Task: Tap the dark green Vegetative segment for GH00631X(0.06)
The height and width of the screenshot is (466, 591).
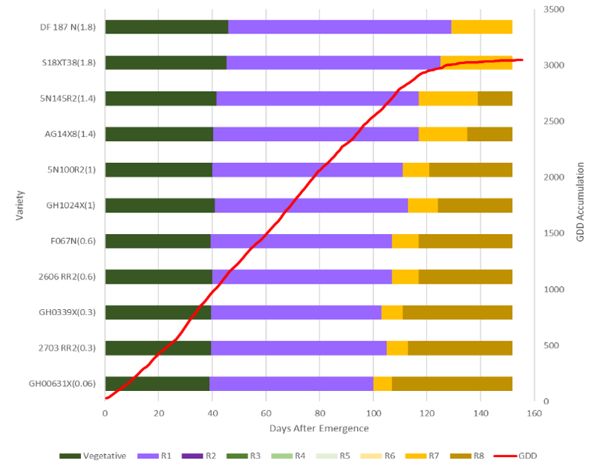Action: pyautogui.click(x=157, y=384)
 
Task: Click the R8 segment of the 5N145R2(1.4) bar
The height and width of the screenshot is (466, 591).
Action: pyautogui.click(x=494, y=98)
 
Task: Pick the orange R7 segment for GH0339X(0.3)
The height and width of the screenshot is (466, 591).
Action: pyautogui.click(x=391, y=312)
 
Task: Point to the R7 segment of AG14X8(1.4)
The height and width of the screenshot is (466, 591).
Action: pyautogui.click(x=443, y=134)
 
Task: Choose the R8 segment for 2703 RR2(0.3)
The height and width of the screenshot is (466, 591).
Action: pyautogui.click(x=460, y=348)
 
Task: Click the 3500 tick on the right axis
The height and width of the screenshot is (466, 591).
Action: pyautogui.click(x=554, y=10)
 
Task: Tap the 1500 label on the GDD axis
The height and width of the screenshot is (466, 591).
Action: pyautogui.click(x=554, y=233)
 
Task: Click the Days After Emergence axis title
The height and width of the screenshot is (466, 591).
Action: pyautogui.click(x=319, y=429)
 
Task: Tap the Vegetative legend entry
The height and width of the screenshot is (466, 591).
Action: pyautogui.click(x=94, y=455)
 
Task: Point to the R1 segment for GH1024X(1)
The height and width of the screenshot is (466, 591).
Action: pyautogui.click(x=311, y=205)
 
